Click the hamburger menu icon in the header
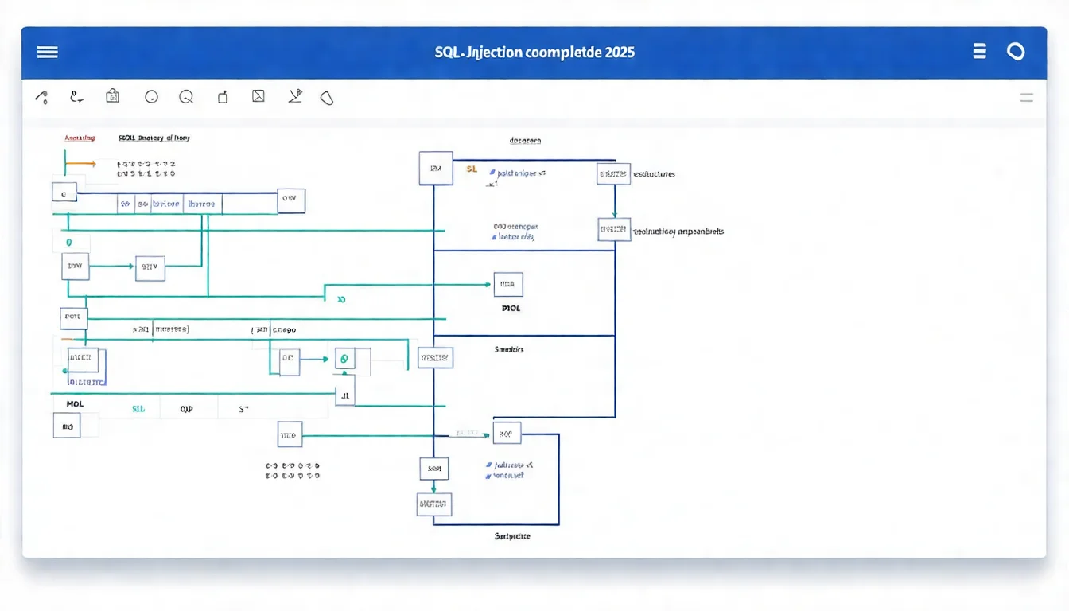click(x=47, y=52)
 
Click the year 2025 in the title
click(x=619, y=53)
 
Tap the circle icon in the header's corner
click(x=1016, y=52)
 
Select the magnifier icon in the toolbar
click(x=186, y=97)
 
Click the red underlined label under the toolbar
click(x=80, y=138)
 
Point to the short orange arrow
click(x=80, y=164)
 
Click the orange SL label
click(x=472, y=169)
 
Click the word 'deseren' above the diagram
click(x=525, y=140)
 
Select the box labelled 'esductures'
click(x=613, y=173)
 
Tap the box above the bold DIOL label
click(x=508, y=283)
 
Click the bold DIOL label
click(x=511, y=308)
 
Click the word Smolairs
click(x=509, y=349)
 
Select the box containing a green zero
click(x=344, y=359)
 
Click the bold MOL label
click(x=75, y=404)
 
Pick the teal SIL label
click(x=138, y=409)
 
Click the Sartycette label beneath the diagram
click(x=512, y=536)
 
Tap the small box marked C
click(x=64, y=192)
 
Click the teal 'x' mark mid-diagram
click(x=341, y=300)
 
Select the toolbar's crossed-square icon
click(x=258, y=97)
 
